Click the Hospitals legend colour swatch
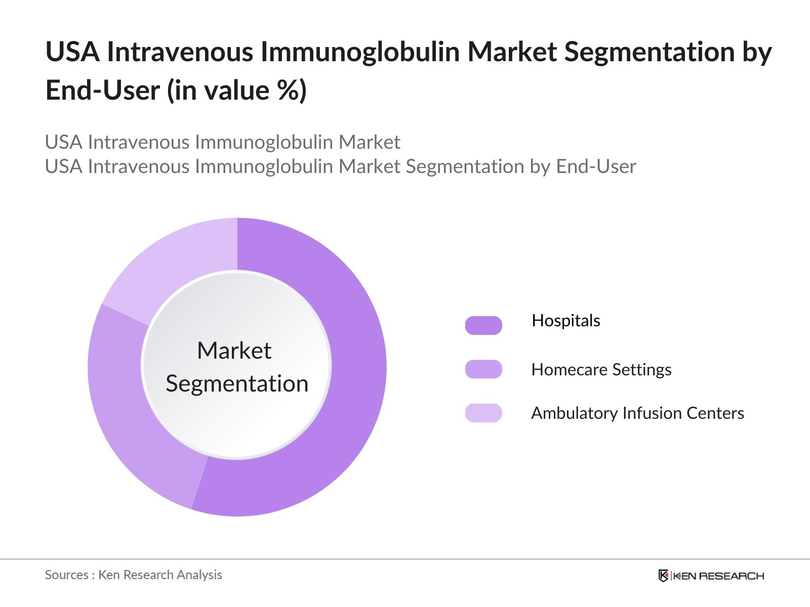(x=483, y=325)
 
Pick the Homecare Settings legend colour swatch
(x=483, y=369)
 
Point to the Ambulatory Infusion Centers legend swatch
(x=483, y=413)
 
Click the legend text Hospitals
(x=565, y=321)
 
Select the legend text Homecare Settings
(x=601, y=370)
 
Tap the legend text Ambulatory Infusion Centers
(x=637, y=413)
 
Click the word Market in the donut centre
(x=234, y=351)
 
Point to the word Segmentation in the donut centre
(x=237, y=383)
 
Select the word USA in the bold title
(x=73, y=52)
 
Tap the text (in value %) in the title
(x=237, y=91)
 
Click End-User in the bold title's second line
(x=102, y=91)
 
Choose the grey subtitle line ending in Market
(x=223, y=142)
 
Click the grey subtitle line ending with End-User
(x=340, y=166)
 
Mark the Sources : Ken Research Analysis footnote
(x=133, y=575)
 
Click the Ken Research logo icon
(x=663, y=576)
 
